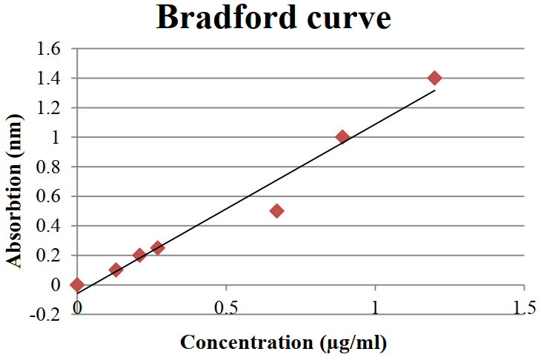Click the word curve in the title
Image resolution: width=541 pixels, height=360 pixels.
(351, 18)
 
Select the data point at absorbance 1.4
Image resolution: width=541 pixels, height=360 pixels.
(435, 78)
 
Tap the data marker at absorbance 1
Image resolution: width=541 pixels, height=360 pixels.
(342, 137)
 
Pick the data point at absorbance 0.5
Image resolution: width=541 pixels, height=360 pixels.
(277, 211)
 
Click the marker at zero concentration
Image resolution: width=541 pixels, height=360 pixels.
(77, 284)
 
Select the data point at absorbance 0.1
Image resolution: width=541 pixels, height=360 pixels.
(116, 270)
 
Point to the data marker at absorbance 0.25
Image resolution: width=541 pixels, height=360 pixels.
(157, 247)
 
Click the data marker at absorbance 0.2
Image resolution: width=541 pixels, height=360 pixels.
(139, 255)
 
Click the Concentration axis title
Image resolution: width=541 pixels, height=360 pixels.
(284, 342)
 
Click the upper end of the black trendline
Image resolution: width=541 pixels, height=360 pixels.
(434, 90)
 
